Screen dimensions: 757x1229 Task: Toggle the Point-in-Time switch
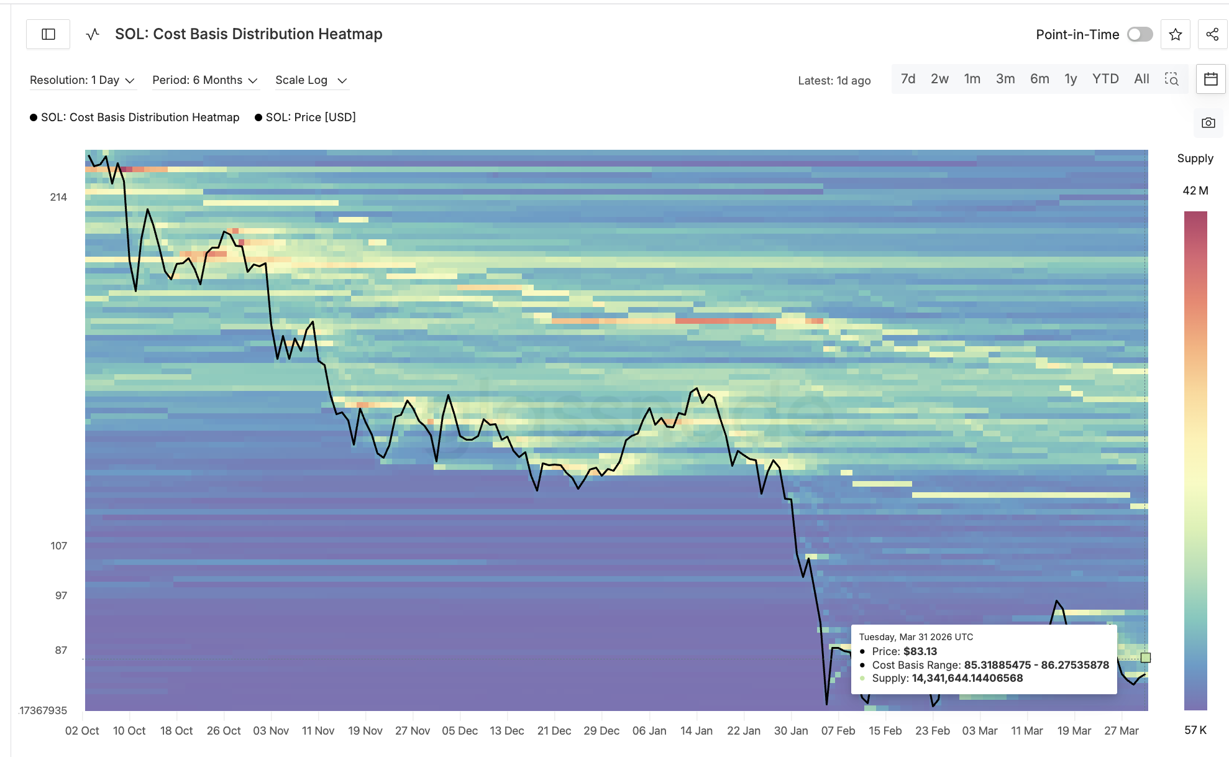point(1140,34)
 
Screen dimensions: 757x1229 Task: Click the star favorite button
point(1175,34)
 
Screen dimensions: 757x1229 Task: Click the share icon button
point(1212,34)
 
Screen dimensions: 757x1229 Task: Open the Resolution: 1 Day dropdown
point(82,80)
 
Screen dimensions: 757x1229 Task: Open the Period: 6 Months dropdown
point(204,80)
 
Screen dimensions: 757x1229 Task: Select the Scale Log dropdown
point(311,80)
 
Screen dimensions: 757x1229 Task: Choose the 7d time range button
point(908,79)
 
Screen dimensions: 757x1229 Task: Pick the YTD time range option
point(1105,79)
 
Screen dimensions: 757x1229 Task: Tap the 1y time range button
point(1070,79)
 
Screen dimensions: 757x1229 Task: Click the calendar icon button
point(1210,79)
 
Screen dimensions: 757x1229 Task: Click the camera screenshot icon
point(1208,122)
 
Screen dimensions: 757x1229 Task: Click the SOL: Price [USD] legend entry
point(310,117)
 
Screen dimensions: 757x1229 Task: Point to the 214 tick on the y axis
point(58,197)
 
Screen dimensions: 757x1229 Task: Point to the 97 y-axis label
point(61,595)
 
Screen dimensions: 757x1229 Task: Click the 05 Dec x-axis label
point(460,731)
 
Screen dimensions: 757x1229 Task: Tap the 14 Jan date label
point(696,731)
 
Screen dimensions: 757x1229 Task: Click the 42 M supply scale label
point(1195,191)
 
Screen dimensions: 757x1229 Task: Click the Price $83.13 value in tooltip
point(920,651)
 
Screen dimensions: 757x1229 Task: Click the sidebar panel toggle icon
point(48,34)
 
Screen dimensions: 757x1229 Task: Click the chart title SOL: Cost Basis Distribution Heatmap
point(249,34)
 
